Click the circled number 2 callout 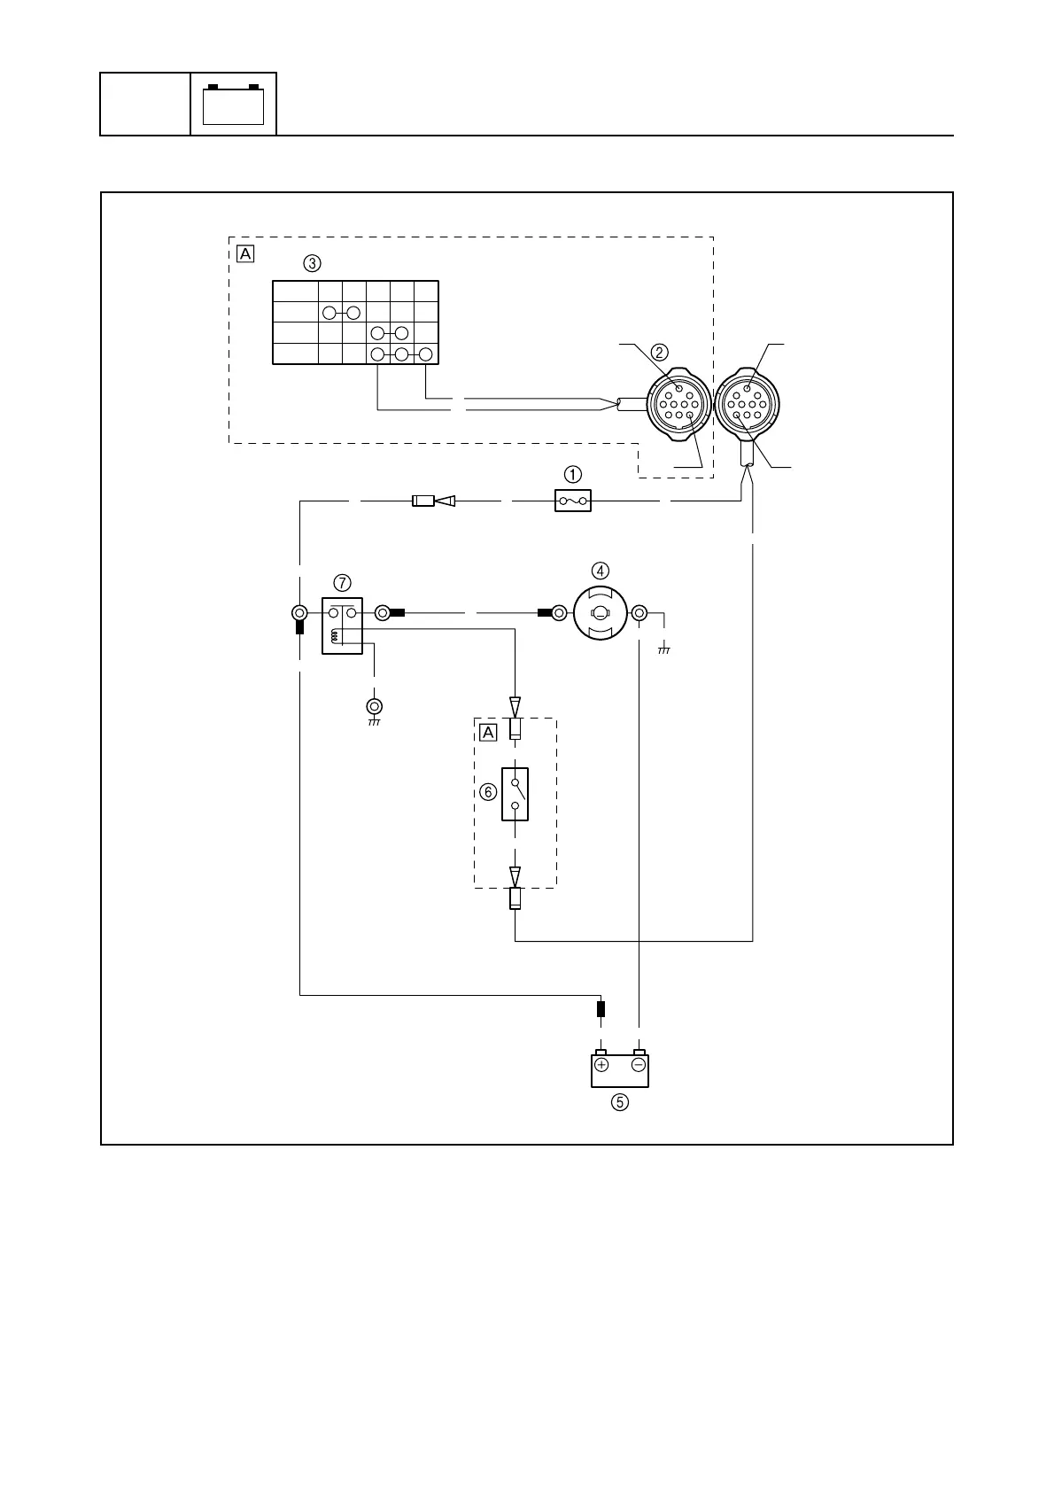point(660,351)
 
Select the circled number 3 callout point(312,263)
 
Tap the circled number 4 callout point(601,571)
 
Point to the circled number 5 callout point(620,1103)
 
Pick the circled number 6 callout point(488,793)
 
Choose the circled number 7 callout point(342,582)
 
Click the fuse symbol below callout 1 point(573,501)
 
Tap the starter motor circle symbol point(600,613)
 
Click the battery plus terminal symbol point(601,1064)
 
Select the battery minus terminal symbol point(638,1064)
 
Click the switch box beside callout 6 point(515,794)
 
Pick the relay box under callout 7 point(342,626)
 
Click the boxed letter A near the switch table point(245,254)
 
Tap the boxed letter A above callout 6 point(488,733)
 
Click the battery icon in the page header point(234,105)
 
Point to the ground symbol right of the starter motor point(664,649)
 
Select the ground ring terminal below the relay point(375,707)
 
